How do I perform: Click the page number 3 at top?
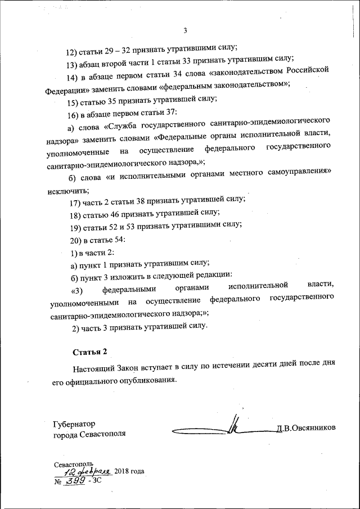pyautogui.click(x=184, y=30)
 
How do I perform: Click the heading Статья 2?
pyautogui.click(x=89, y=352)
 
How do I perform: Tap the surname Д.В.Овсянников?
pyautogui.click(x=305, y=428)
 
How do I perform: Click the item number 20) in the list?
pyautogui.click(x=74, y=240)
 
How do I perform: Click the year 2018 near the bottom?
pyautogui.click(x=124, y=471)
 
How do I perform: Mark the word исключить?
pyautogui.click(x=65, y=191)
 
